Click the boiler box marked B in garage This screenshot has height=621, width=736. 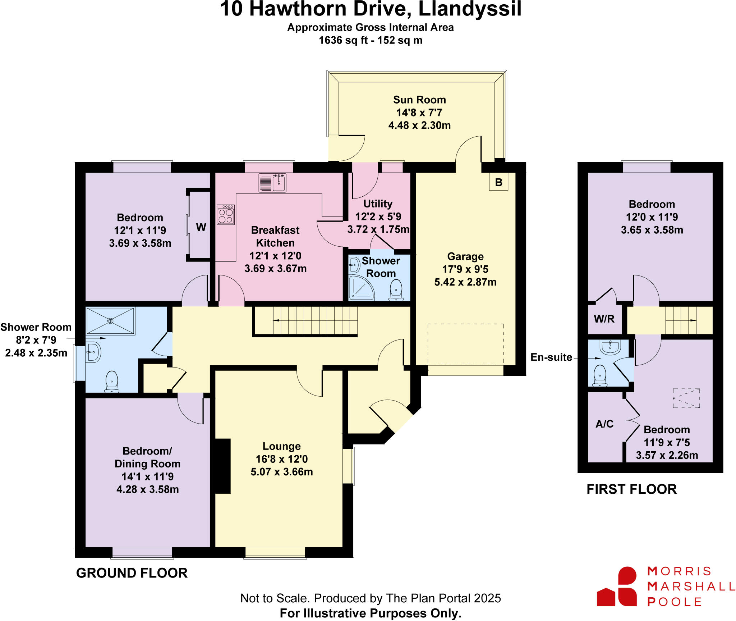[x=498, y=182]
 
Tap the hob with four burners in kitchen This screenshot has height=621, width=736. [x=226, y=215]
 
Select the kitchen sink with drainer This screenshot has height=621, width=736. [x=272, y=183]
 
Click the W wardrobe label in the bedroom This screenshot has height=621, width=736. [x=201, y=227]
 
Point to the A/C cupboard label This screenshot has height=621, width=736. [x=604, y=424]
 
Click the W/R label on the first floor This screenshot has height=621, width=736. [x=604, y=319]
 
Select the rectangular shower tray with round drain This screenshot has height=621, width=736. [x=110, y=320]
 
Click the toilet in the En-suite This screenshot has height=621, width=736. [x=599, y=375]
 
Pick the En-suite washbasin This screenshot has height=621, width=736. [x=610, y=347]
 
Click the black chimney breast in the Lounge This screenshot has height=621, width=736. [x=222, y=466]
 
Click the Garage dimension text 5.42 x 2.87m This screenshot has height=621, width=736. [x=465, y=282]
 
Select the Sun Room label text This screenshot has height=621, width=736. [x=419, y=100]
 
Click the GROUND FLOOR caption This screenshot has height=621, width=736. [x=132, y=573]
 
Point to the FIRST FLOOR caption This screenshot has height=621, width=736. [x=631, y=489]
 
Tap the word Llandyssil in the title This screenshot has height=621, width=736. [x=470, y=9]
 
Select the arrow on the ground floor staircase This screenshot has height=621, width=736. [x=277, y=320]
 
